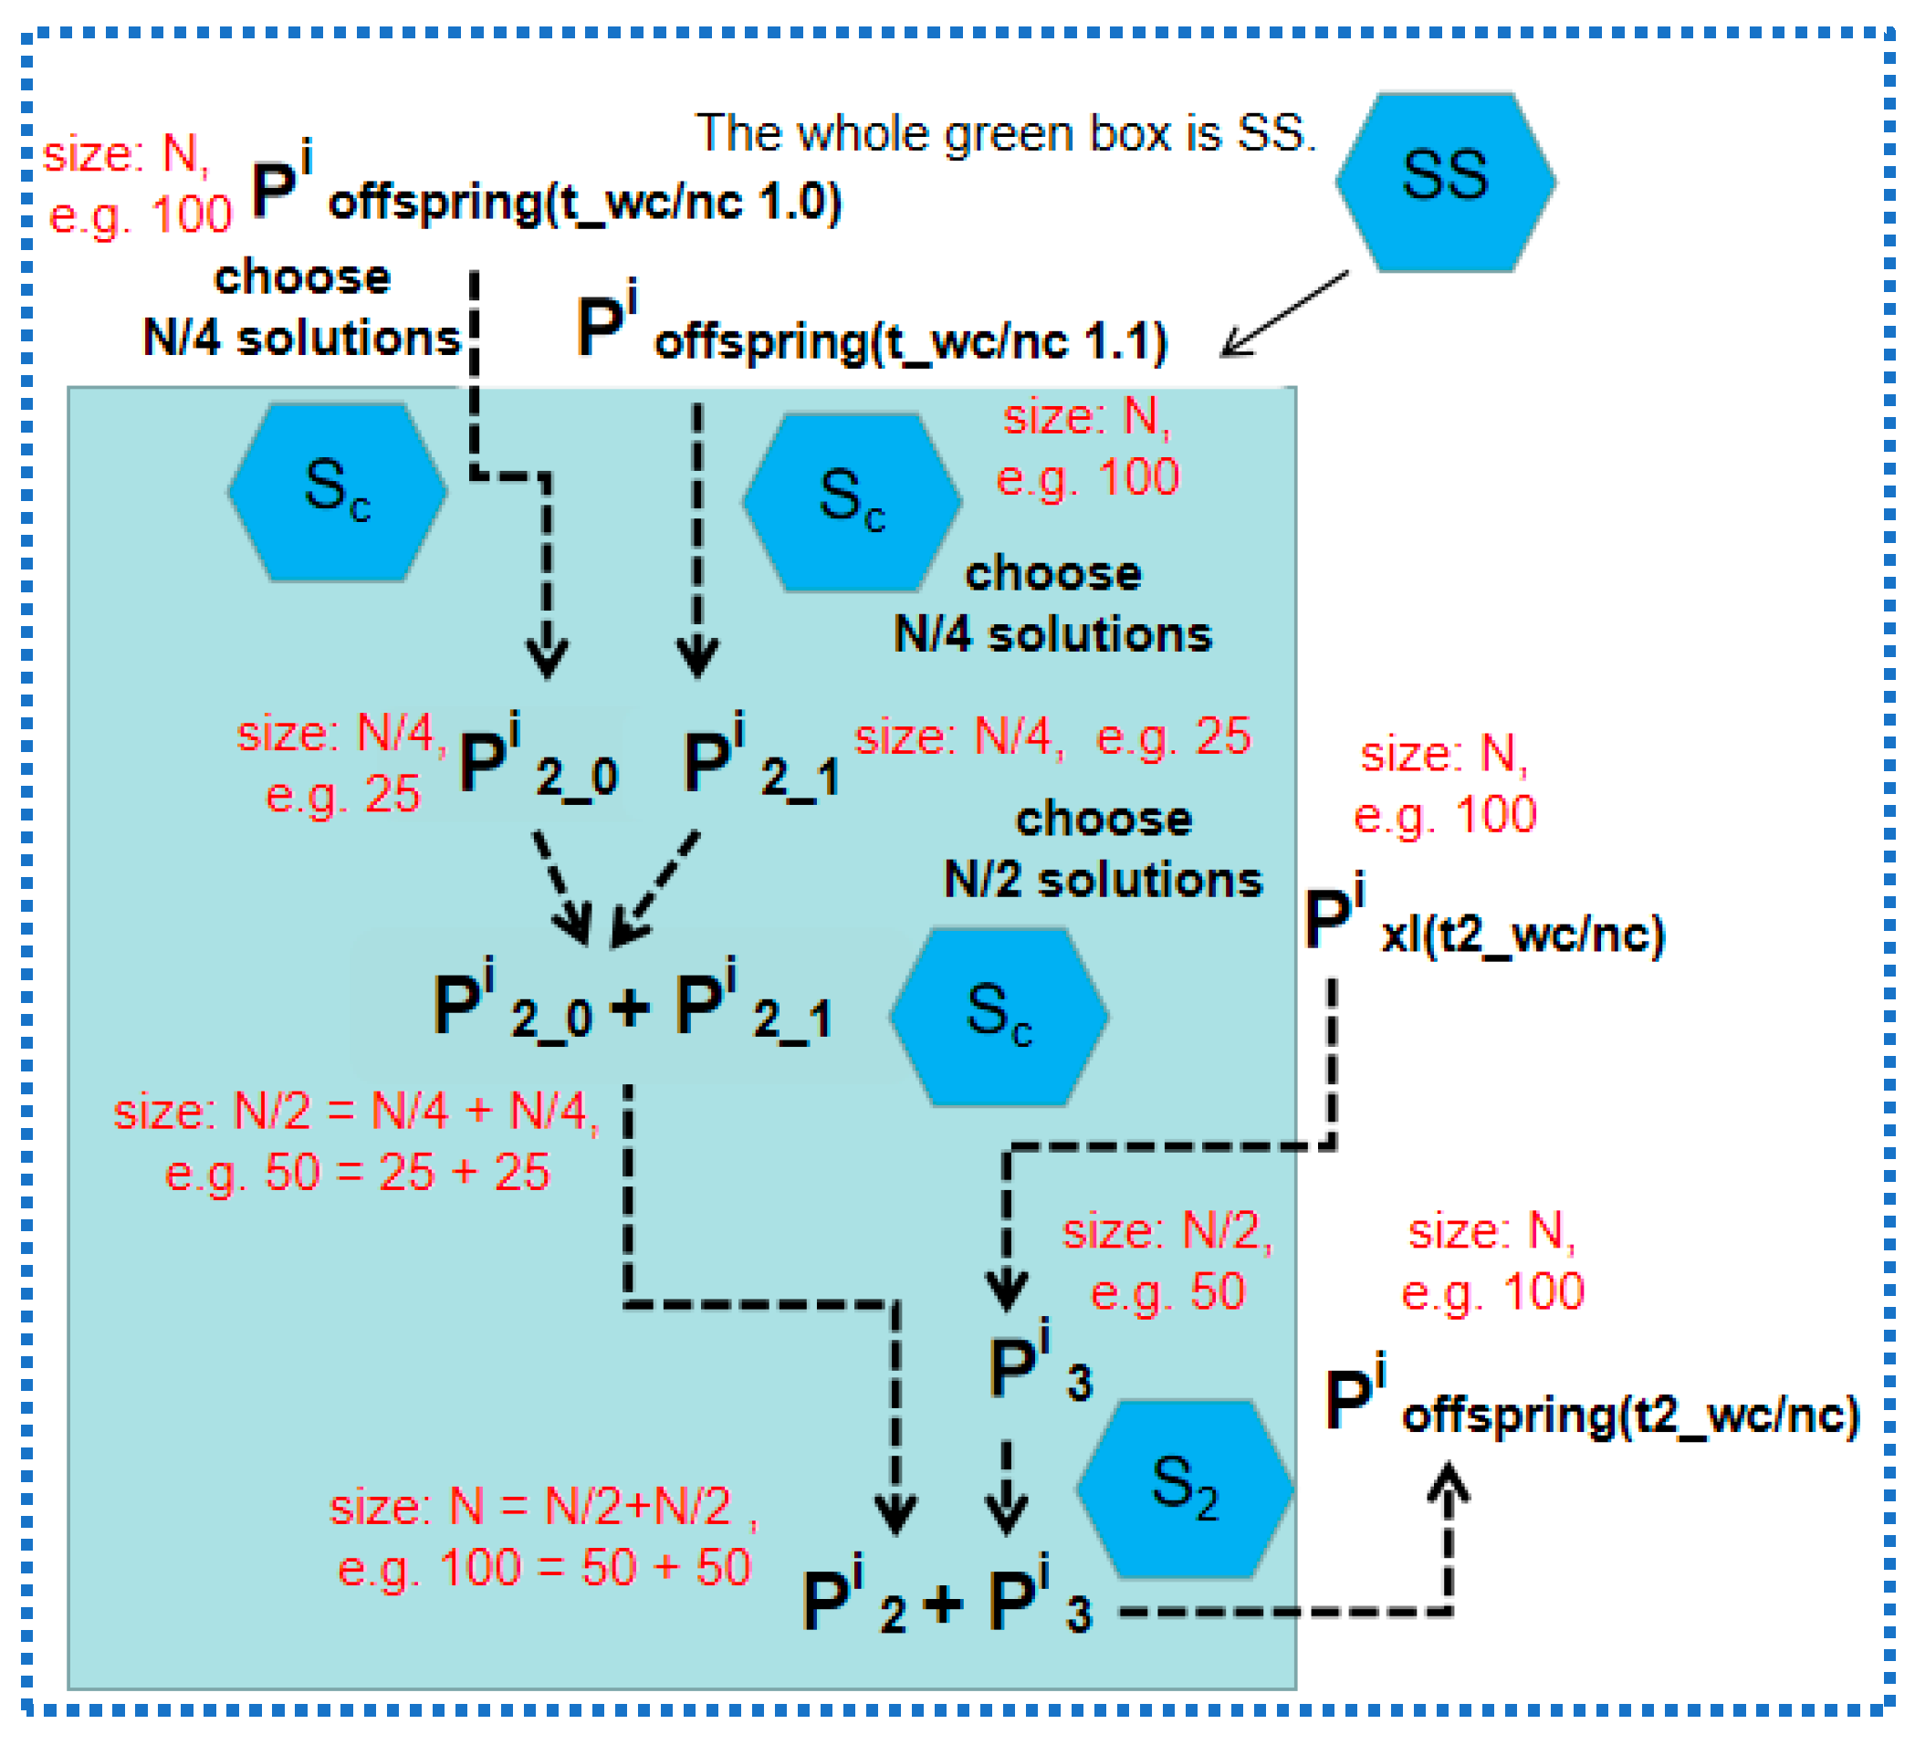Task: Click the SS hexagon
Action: [x=1445, y=183]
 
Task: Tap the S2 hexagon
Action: [x=1185, y=1489]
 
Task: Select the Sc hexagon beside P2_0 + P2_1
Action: [x=999, y=1017]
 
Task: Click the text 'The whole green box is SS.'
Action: [x=1006, y=133]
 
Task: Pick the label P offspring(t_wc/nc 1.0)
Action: [x=546, y=190]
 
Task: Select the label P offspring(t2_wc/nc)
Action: [x=1591, y=1403]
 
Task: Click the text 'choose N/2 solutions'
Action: [x=1103, y=851]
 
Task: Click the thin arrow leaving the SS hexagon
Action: [x=1284, y=313]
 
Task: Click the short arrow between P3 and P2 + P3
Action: [x=1006, y=1487]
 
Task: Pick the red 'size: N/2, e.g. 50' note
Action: [x=1167, y=1261]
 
